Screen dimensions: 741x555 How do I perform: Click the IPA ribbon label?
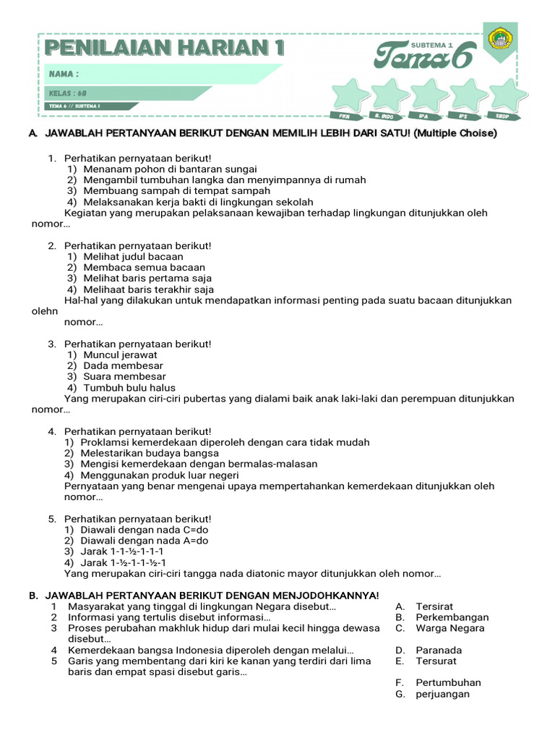423,116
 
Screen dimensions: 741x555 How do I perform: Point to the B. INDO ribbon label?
383,116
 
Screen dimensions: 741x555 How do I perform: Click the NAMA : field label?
64,74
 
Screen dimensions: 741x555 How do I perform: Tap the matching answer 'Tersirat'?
434,606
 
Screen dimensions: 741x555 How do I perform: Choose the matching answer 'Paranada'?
438,650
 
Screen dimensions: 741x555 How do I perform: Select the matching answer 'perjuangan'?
442,694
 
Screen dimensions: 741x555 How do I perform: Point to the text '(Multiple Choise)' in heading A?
455,134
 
